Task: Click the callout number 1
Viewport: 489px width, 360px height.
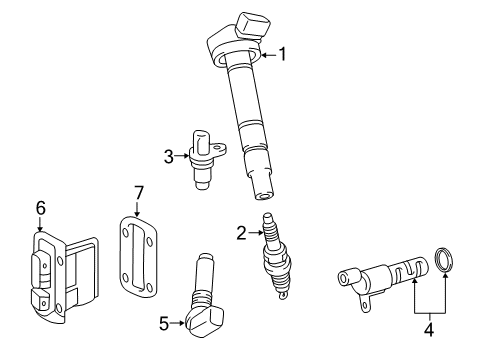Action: click(x=282, y=55)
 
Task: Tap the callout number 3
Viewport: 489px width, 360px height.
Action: click(x=169, y=154)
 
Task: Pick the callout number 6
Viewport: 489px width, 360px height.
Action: click(x=40, y=207)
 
